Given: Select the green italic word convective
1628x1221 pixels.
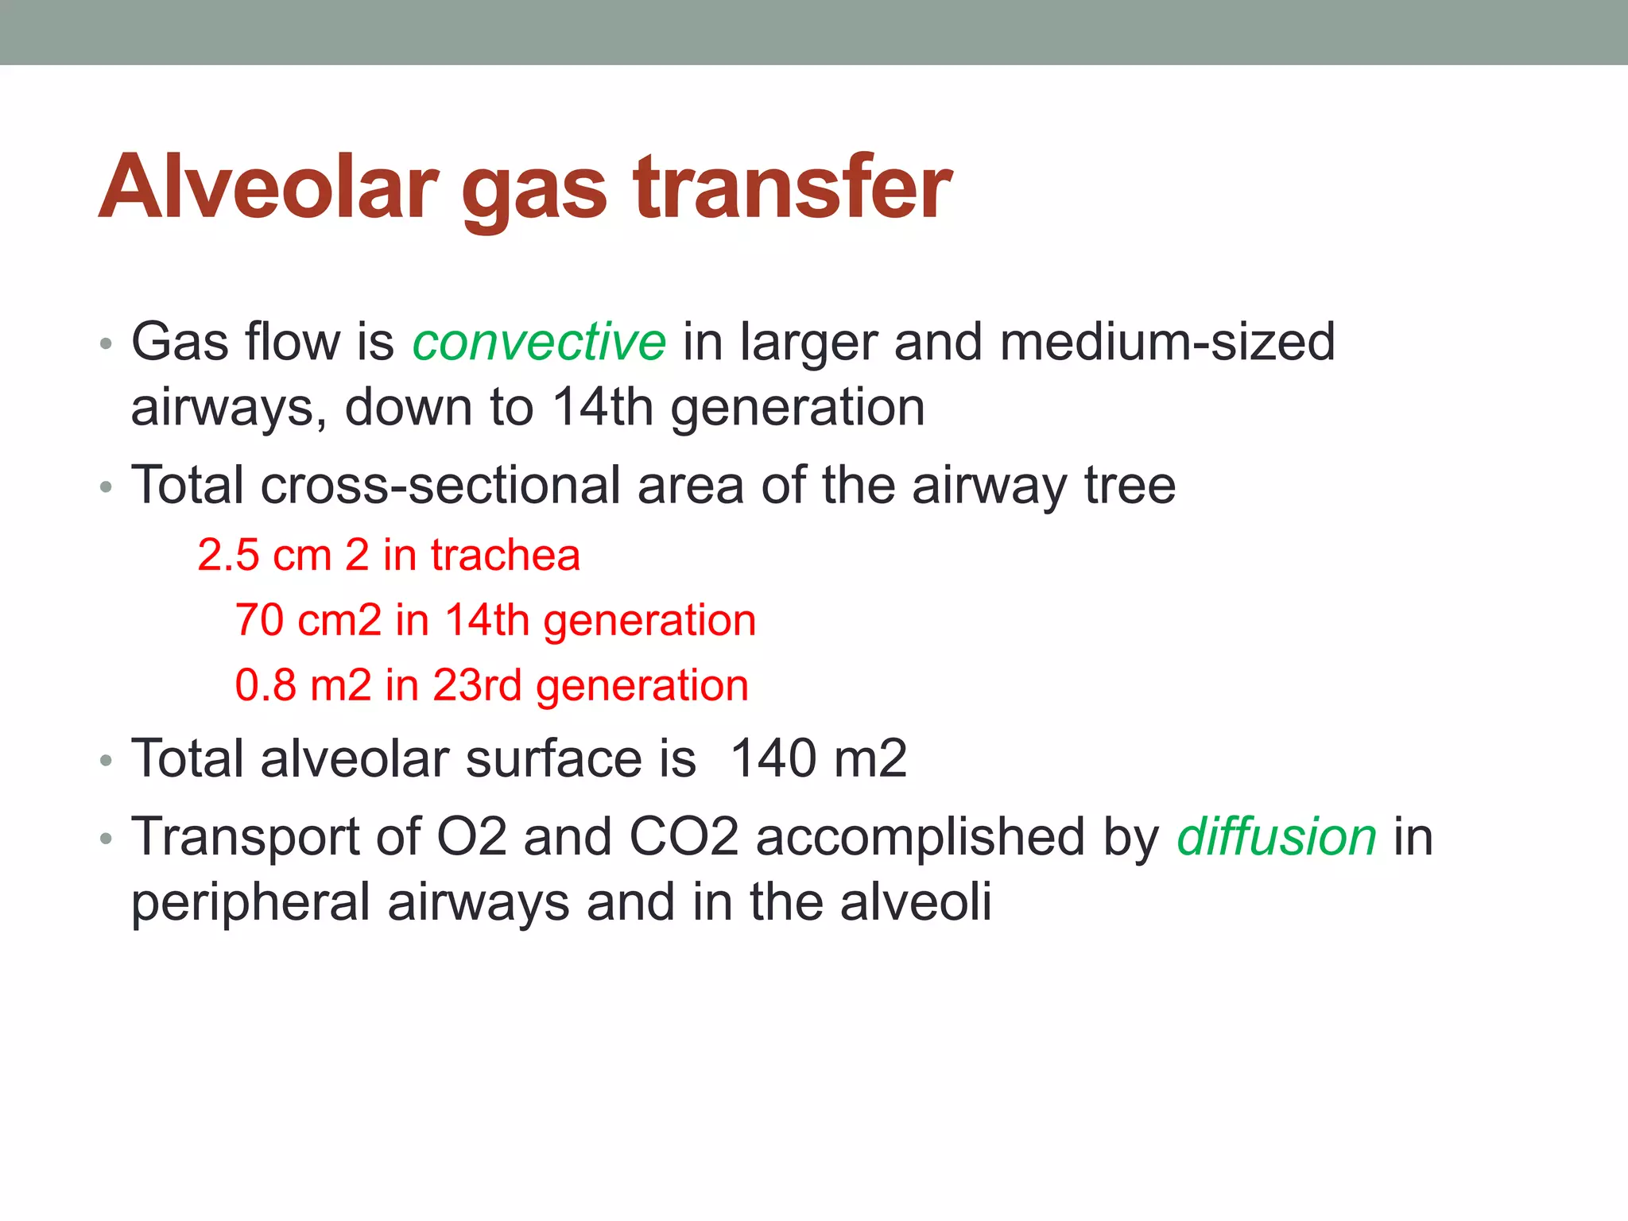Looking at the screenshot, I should pyautogui.click(x=539, y=343).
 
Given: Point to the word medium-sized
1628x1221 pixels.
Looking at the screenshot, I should pyautogui.click(x=1167, y=343).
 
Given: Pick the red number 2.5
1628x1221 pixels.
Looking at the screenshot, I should pyautogui.click(x=229, y=555).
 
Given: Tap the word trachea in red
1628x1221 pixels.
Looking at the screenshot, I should pyautogui.click(x=506, y=555).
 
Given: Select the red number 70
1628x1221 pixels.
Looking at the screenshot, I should pyautogui.click(x=259, y=620).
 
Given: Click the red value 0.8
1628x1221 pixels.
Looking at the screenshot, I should pyautogui.click(x=266, y=685).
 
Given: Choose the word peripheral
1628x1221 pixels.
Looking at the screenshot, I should pyautogui.click(x=250, y=904).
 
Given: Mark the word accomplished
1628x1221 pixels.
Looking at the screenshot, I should pyautogui.click(x=920, y=839).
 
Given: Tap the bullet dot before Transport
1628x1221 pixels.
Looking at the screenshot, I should pyautogui.click(x=107, y=840).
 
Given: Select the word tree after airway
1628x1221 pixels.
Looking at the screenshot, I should pyautogui.click(x=1130, y=485).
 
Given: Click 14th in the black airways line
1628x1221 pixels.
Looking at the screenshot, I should pyautogui.click(x=602, y=407).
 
